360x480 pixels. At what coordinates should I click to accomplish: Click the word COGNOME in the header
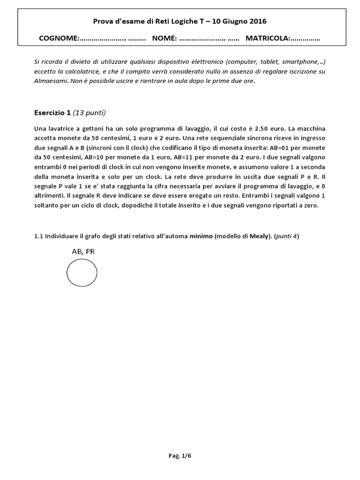pos(59,38)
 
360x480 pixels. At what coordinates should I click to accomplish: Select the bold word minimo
pos(201,236)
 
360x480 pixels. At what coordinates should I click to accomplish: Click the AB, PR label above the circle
pos(83,251)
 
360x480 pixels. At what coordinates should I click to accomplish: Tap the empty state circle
pos(82,272)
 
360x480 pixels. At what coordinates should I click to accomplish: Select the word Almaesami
pos(51,80)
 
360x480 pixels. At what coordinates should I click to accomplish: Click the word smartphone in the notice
pos(299,61)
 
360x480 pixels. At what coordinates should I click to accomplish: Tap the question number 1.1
pos(38,236)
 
